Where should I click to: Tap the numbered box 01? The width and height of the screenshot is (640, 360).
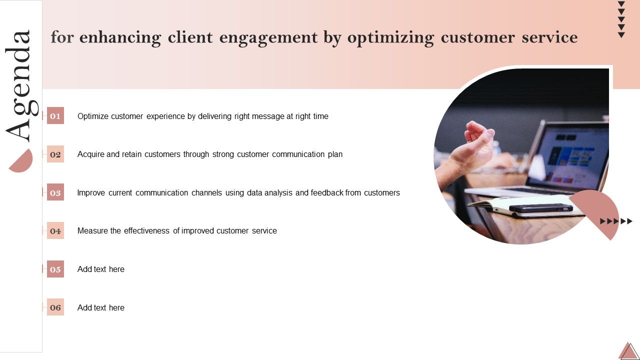(55, 116)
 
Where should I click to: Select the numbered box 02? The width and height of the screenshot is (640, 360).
(55, 154)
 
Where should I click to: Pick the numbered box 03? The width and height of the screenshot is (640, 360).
(55, 192)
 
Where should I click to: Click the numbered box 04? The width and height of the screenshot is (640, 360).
(55, 231)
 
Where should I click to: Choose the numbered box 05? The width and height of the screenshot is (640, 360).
(55, 269)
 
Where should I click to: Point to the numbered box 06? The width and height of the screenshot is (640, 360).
(55, 307)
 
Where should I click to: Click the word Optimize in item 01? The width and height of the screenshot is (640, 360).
(93, 116)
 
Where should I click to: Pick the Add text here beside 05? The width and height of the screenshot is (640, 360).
(101, 269)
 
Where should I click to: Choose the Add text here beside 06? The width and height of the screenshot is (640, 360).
(101, 307)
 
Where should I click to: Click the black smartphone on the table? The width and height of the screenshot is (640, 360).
(540, 207)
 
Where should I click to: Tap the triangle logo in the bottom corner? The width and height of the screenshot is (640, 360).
(628, 351)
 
